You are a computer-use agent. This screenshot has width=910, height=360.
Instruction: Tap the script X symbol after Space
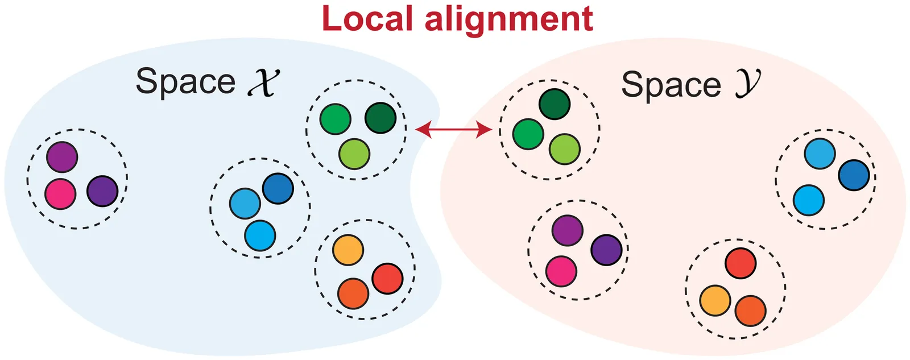coord(264,82)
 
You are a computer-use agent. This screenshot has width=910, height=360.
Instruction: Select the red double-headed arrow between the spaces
coord(453,130)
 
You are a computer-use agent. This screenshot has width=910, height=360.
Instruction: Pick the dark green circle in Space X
coord(380,118)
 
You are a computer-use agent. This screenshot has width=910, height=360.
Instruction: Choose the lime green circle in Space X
coord(354,154)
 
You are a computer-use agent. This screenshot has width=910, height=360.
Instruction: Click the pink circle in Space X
coord(60,194)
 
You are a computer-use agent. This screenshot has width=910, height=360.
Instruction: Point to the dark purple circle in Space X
coord(102,191)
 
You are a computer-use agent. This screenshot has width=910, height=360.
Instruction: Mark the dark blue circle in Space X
coord(278,188)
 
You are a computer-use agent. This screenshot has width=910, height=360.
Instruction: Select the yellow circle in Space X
coord(348,250)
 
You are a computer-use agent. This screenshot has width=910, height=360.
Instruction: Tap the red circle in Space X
coord(387,279)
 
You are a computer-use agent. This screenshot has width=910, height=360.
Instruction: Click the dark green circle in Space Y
coord(555,104)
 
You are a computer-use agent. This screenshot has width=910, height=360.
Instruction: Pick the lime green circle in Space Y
coord(565,149)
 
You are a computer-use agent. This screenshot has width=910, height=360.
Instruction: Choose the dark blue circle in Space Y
coord(854,175)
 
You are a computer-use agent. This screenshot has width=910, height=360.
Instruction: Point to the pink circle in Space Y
coord(561,271)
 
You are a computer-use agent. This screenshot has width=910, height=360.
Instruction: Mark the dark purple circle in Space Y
coord(606,250)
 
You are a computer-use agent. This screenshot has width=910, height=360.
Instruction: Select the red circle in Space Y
coord(741,263)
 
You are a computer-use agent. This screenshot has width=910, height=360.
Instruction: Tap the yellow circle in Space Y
coord(715,300)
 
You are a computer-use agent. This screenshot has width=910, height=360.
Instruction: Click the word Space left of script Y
coord(671,85)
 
